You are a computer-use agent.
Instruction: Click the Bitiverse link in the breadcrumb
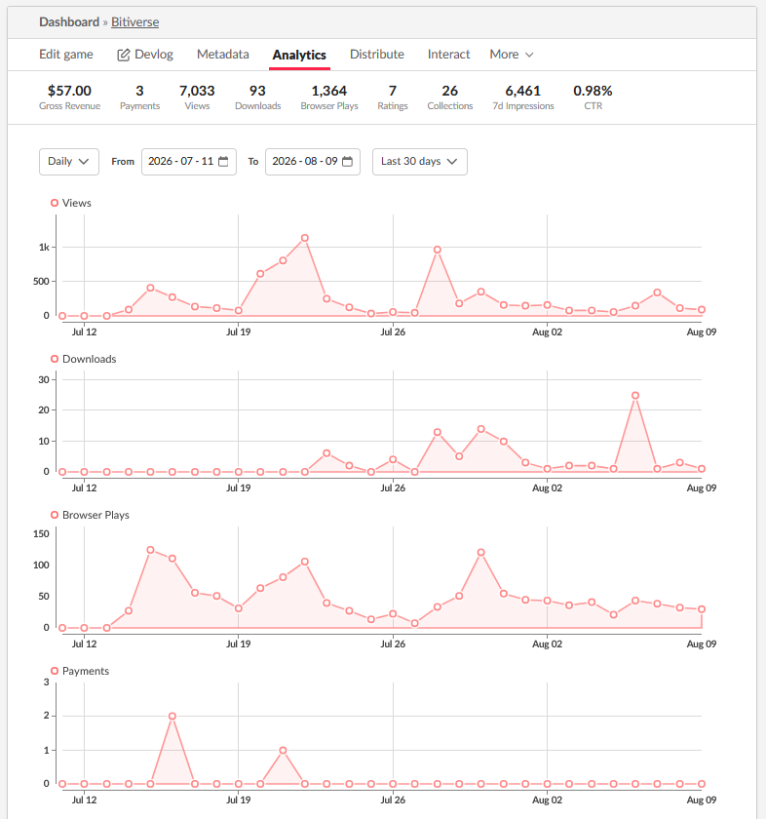(x=134, y=21)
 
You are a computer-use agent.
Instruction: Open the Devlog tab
(x=145, y=55)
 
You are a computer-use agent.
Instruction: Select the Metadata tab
(x=223, y=55)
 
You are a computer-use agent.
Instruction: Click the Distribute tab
(x=377, y=55)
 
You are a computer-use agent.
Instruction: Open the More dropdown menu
(x=512, y=55)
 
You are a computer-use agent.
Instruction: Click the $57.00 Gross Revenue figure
(x=69, y=91)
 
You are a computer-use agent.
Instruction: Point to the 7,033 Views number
(x=197, y=91)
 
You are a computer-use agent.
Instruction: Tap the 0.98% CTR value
(x=593, y=91)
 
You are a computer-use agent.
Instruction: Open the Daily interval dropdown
(x=69, y=162)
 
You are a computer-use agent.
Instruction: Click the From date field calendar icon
(x=223, y=162)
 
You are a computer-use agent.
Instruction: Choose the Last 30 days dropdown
(x=419, y=162)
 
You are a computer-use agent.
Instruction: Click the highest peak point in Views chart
(x=305, y=238)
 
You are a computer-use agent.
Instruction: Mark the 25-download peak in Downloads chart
(x=635, y=396)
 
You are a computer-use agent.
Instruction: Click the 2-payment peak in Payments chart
(x=172, y=716)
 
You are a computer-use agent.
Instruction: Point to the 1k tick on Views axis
(x=44, y=247)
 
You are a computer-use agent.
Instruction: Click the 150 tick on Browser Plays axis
(x=41, y=534)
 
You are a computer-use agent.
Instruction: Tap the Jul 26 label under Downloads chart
(x=393, y=487)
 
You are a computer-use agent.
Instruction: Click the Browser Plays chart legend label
(x=96, y=515)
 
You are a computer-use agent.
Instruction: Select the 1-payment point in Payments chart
(x=283, y=750)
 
